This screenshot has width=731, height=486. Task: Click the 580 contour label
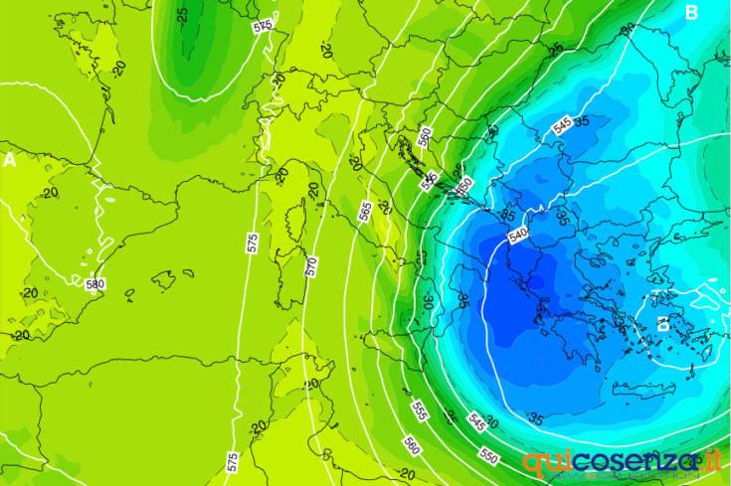95,284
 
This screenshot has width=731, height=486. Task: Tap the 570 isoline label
311,266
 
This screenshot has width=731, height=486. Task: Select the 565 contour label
365,211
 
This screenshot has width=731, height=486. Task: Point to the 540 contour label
517,237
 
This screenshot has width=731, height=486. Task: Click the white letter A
10,159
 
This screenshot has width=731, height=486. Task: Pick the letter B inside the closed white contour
663,324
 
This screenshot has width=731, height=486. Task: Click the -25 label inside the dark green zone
182,15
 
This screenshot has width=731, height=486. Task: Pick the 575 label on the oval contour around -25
263,27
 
